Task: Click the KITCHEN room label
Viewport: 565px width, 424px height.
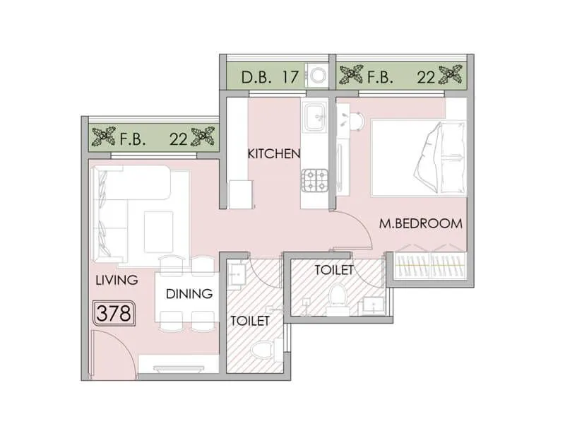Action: tap(274, 153)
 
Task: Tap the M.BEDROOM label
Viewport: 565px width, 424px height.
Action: tap(421, 223)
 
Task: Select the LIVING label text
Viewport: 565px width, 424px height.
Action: tap(116, 280)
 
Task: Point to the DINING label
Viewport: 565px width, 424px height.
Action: tap(189, 294)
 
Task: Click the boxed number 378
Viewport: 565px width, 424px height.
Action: tap(114, 312)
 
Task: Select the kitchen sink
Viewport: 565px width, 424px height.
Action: tap(315, 113)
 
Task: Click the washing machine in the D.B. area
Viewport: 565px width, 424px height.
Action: tap(316, 76)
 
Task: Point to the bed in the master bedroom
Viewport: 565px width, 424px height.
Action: tap(418, 158)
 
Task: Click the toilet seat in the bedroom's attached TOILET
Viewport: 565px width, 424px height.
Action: tap(338, 295)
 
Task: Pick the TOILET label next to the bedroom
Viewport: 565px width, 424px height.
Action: tap(333, 269)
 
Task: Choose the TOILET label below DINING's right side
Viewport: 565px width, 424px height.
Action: tap(250, 320)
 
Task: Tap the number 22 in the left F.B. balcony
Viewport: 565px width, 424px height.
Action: tap(178, 139)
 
